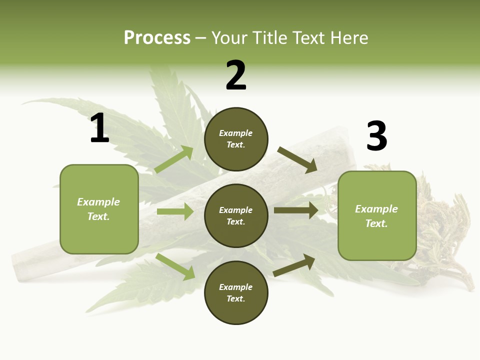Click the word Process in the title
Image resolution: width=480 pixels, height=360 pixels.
point(157,38)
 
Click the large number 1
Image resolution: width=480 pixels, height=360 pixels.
point(99,128)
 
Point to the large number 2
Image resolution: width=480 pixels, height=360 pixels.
point(236,75)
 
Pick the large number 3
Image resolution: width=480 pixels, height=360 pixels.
point(376,136)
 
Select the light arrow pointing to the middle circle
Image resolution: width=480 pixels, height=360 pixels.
point(175,211)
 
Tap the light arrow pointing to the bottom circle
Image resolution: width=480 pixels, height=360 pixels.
point(175,266)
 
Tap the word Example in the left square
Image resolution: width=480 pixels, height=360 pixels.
point(98,202)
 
